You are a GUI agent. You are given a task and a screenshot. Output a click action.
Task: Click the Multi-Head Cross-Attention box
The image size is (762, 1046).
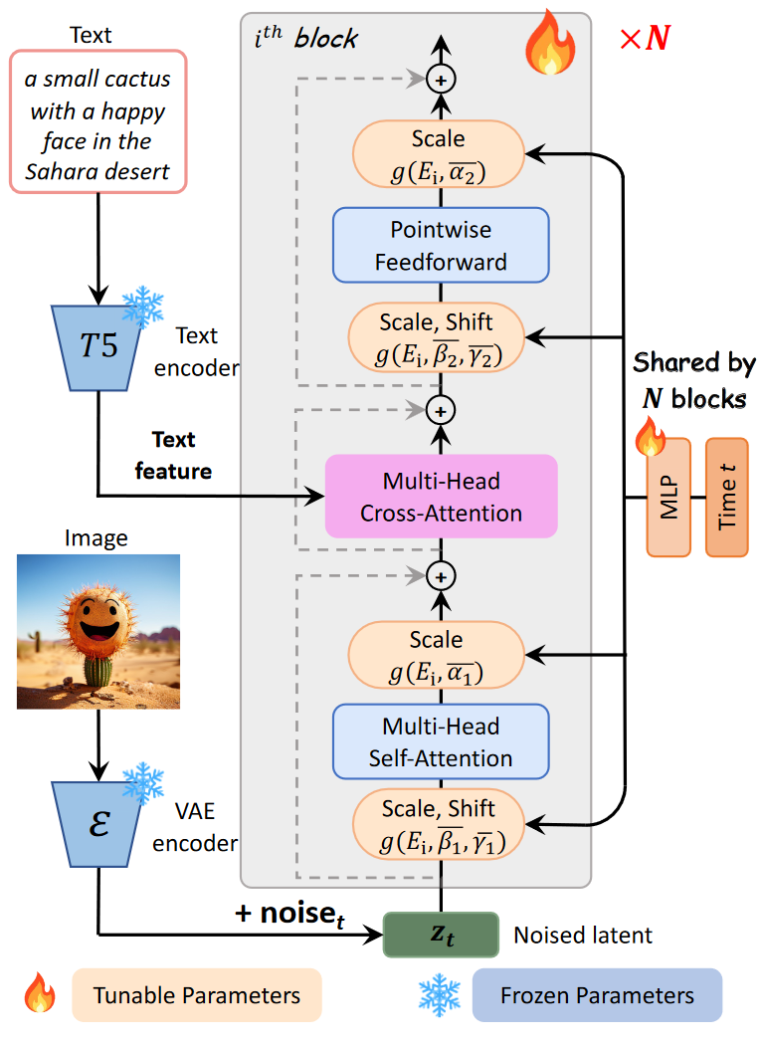(441, 497)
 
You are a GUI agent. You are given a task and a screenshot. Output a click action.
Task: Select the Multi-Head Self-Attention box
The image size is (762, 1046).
(441, 741)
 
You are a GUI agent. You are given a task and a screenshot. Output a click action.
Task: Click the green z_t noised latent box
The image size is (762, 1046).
(440, 935)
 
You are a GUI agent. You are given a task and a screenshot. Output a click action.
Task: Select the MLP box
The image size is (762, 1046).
(668, 497)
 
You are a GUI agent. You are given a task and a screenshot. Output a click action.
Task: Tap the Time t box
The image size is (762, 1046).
(726, 497)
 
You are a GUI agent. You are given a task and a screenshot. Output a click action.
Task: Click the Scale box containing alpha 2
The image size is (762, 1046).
(438, 154)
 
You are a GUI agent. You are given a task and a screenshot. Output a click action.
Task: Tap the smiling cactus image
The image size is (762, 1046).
(99, 632)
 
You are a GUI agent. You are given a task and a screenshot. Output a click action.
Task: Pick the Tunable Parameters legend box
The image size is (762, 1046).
(197, 995)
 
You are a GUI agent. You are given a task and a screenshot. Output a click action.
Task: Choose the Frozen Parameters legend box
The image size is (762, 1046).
(597, 995)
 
